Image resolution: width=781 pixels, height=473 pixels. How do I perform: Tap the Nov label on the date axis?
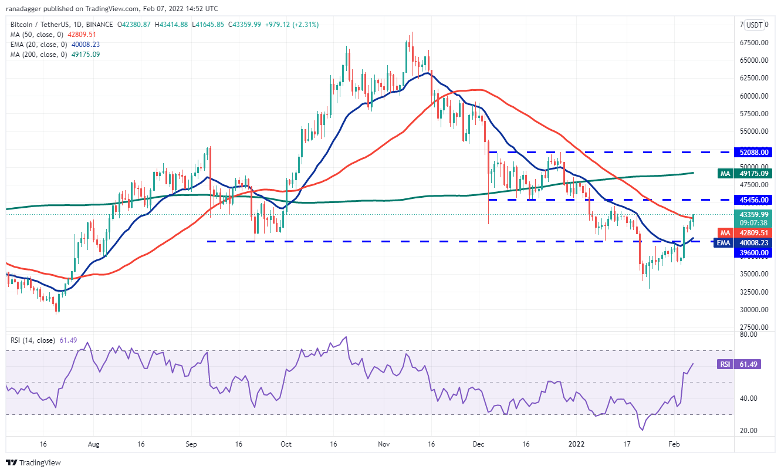(384, 445)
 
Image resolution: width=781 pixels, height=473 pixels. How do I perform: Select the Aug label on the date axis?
(93, 445)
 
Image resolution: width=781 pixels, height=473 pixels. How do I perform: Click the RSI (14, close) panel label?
(33, 340)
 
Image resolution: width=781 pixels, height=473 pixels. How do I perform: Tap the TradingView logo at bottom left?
(33, 462)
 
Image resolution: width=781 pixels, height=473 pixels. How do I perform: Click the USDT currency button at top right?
(754, 25)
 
